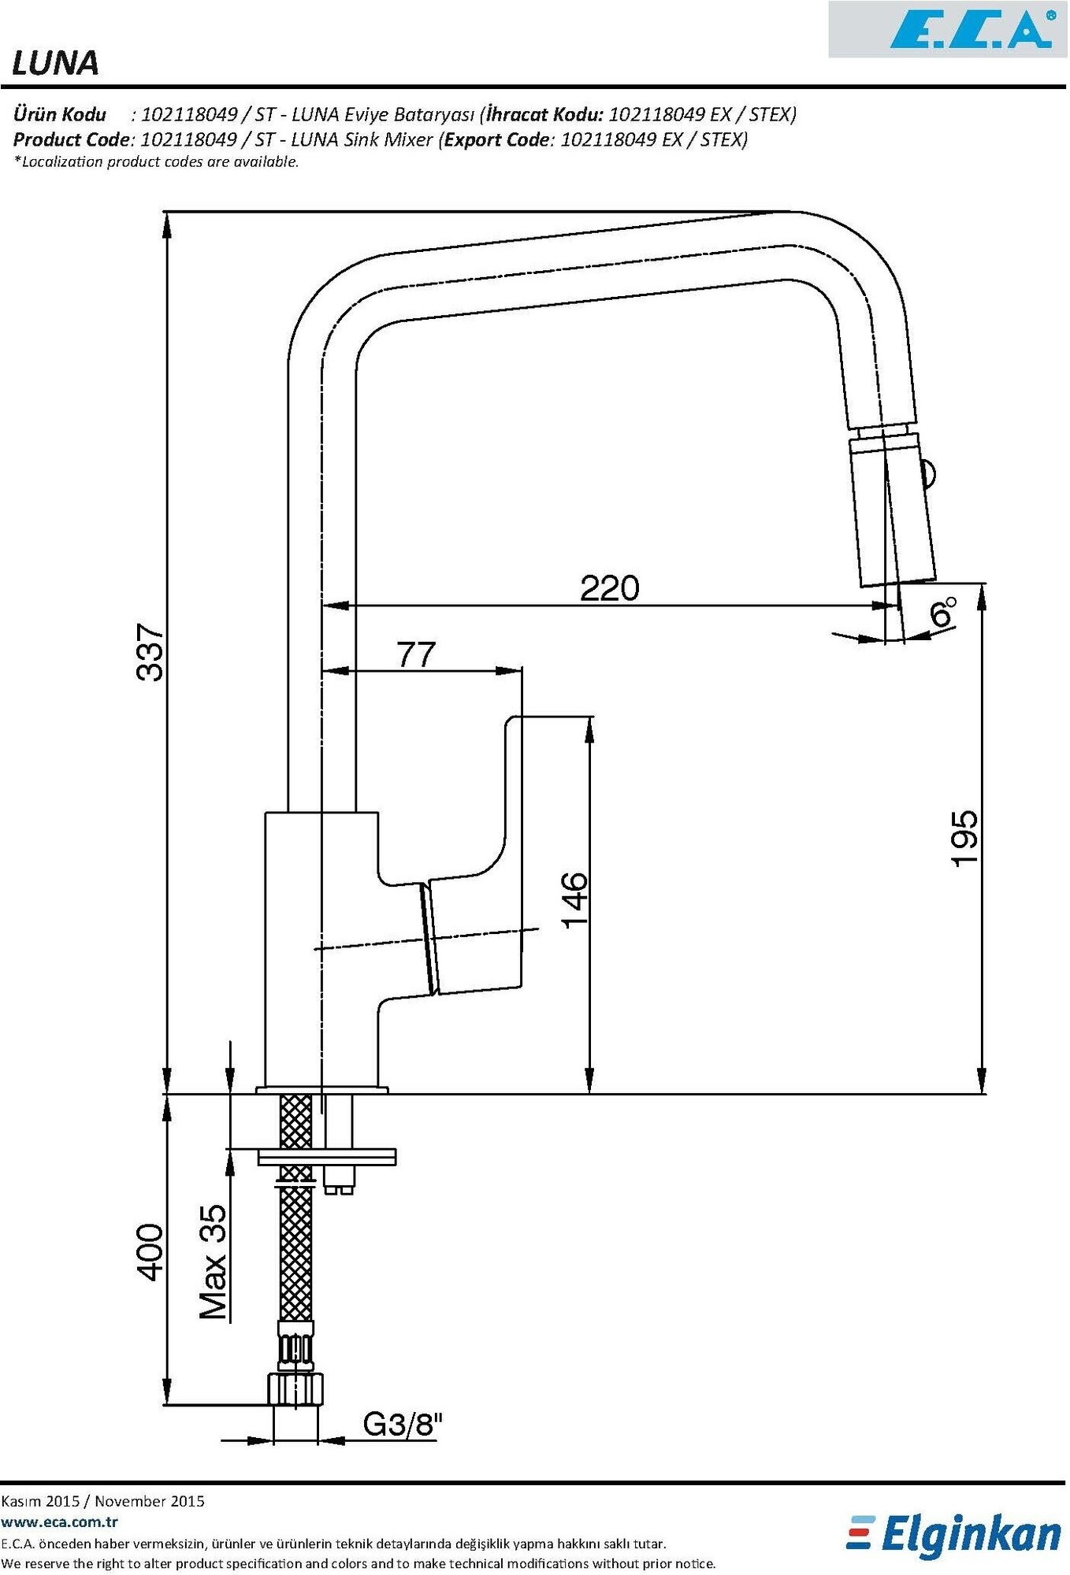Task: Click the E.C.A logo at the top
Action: pyautogui.click(x=972, y=30)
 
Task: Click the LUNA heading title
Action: pyautogui.click(x=55, y=63)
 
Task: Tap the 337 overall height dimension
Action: pyautogui.click(x=150, y=652)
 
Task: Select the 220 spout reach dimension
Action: pyautogui.click(x=609, y=588)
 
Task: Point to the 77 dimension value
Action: pyautogui.click(x=416, y=654)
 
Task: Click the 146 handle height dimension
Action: pyautogui.click(x=574, y=899)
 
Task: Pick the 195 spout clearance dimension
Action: pyautogui.click(x=964, y=838)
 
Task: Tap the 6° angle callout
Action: pyautogui.click(x=942, y=612)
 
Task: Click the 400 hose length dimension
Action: pyautogui.click(x=150, y=1252)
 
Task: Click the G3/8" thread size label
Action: pyautogui.click(x=403, y=1424)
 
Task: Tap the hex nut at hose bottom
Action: pyautogui.click(x=295, y=1389)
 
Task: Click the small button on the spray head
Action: pyautogui.click(x=929, y=475)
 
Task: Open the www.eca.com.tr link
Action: pyautogui.click(x=60, y=1522)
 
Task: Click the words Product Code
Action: pyautogui.click(x=70, y=139)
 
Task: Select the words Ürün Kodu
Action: pyautogui.click(x=59, y=114)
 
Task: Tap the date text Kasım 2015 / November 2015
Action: pyautogui.click(x=102, y=1501)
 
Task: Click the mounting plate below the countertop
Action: pyautogui.click(x=327, y=1157)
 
